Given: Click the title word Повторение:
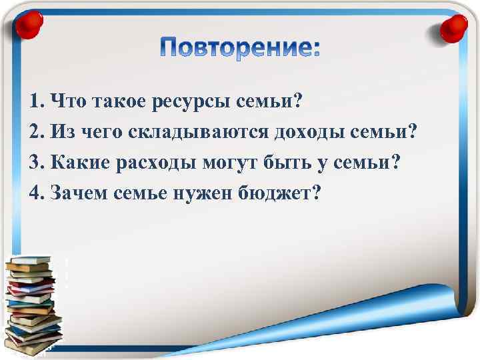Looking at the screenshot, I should (x=241, y=48).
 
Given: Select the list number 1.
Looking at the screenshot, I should (x=36, y=102).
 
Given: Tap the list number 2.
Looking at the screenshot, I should (x=36, y=132).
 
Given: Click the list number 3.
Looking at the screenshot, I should (x=36, y=162).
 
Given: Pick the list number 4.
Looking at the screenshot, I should (x=36, y=192).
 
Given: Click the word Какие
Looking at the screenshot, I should (x=77, y=162).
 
